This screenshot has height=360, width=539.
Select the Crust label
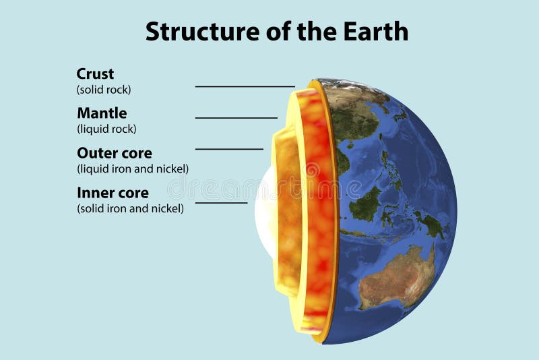pos(95,73)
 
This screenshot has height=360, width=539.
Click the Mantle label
pos(101,113)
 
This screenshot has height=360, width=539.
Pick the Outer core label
pos(114,153)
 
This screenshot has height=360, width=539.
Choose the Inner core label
pos(113,193)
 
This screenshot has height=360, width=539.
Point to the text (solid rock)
pos(104,89)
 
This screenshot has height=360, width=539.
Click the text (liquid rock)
pos(106,128)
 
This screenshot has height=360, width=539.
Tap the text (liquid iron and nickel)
pos(133,169)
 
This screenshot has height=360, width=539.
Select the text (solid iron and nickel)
pos(130,208)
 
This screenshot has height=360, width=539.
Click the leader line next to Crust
pos(245,86)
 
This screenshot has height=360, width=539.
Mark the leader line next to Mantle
pos(236,118)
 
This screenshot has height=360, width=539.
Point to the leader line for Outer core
pos(229,149)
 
